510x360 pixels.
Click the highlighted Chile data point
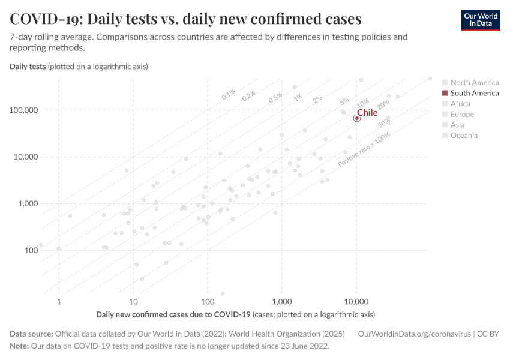point(356,118)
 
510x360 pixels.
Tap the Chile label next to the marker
point(367,112)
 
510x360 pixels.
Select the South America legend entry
point(474,93)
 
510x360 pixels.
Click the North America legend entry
point(474,83)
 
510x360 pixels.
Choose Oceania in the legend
point(464,136)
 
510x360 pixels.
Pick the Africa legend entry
point(460,104)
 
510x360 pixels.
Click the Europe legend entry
point(462,114)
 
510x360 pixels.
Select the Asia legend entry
point(457,125)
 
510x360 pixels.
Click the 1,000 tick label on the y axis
point(25,204)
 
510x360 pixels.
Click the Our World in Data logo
point(480,20)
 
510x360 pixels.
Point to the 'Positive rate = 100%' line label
point(364,149)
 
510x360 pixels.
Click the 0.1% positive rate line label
point(229,94)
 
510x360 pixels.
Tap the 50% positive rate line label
point(385,121)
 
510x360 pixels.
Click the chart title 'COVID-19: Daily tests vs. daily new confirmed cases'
point(185,19)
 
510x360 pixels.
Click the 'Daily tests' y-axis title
point(28,66)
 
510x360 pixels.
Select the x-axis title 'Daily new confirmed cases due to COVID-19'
point(173,314)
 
